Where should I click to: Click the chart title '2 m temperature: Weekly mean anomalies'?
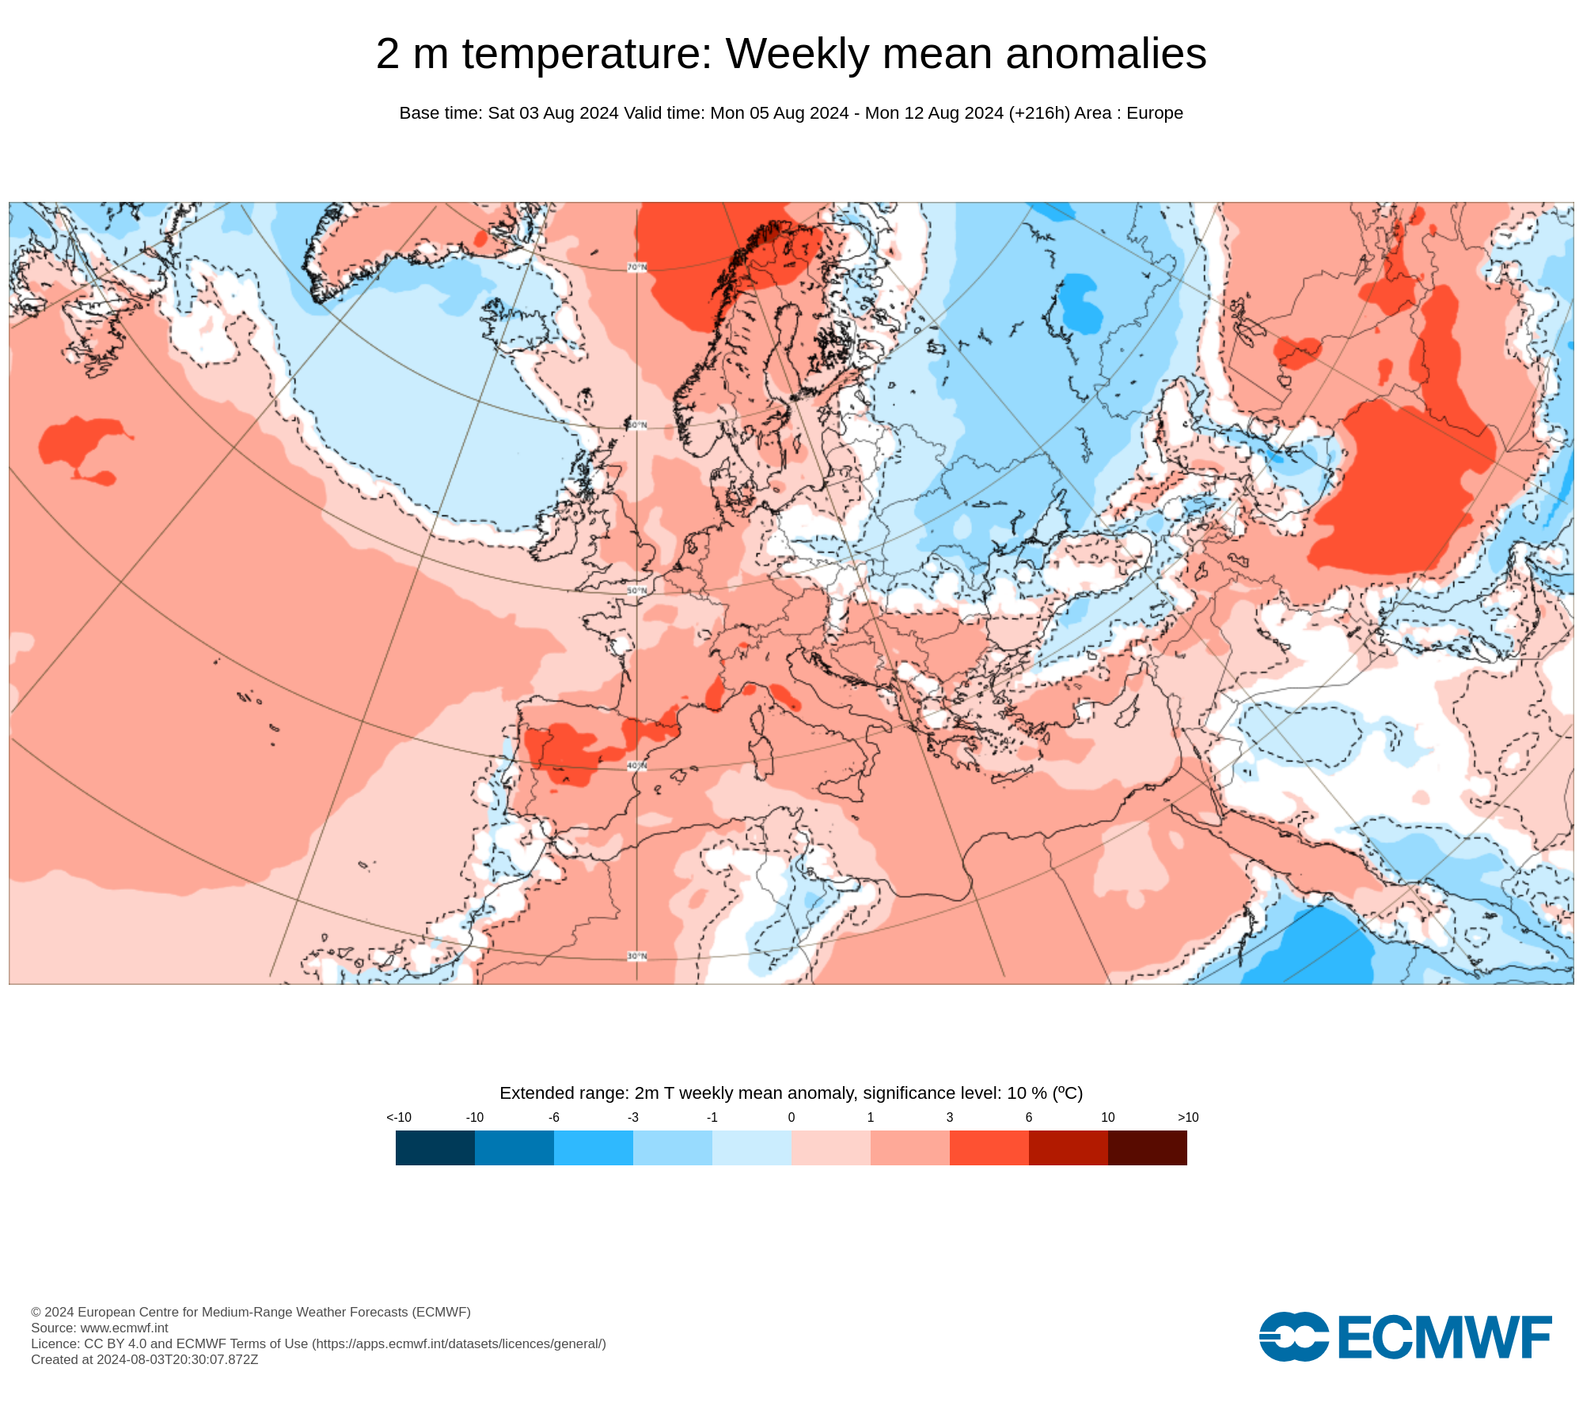tap(791, 54)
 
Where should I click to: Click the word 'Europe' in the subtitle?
tap(1154, 113)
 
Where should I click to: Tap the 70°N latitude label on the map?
tap(637, 268)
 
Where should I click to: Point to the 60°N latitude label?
tap(637, 425)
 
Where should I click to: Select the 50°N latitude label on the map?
tap(637, 591)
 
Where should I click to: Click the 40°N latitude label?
tap(637, 766)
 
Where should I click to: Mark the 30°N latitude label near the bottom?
tap(637, 956)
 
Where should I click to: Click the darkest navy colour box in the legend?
tap(435, 1147)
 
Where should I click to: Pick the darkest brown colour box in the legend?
tap(1148, 1147)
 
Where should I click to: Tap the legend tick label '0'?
tap(791, 1117)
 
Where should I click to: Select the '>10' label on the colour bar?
tap(1188, 1117)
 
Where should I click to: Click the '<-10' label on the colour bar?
tap(399, 1117)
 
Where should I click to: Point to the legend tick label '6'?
tap(1029, 1117)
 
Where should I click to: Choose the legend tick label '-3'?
tap(633, 1117)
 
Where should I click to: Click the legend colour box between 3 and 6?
tap(989, 1147)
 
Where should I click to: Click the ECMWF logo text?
tap(1444, 1337)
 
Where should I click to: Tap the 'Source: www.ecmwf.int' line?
tap(100, 1328)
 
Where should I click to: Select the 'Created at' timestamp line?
tap(145, 1359)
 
